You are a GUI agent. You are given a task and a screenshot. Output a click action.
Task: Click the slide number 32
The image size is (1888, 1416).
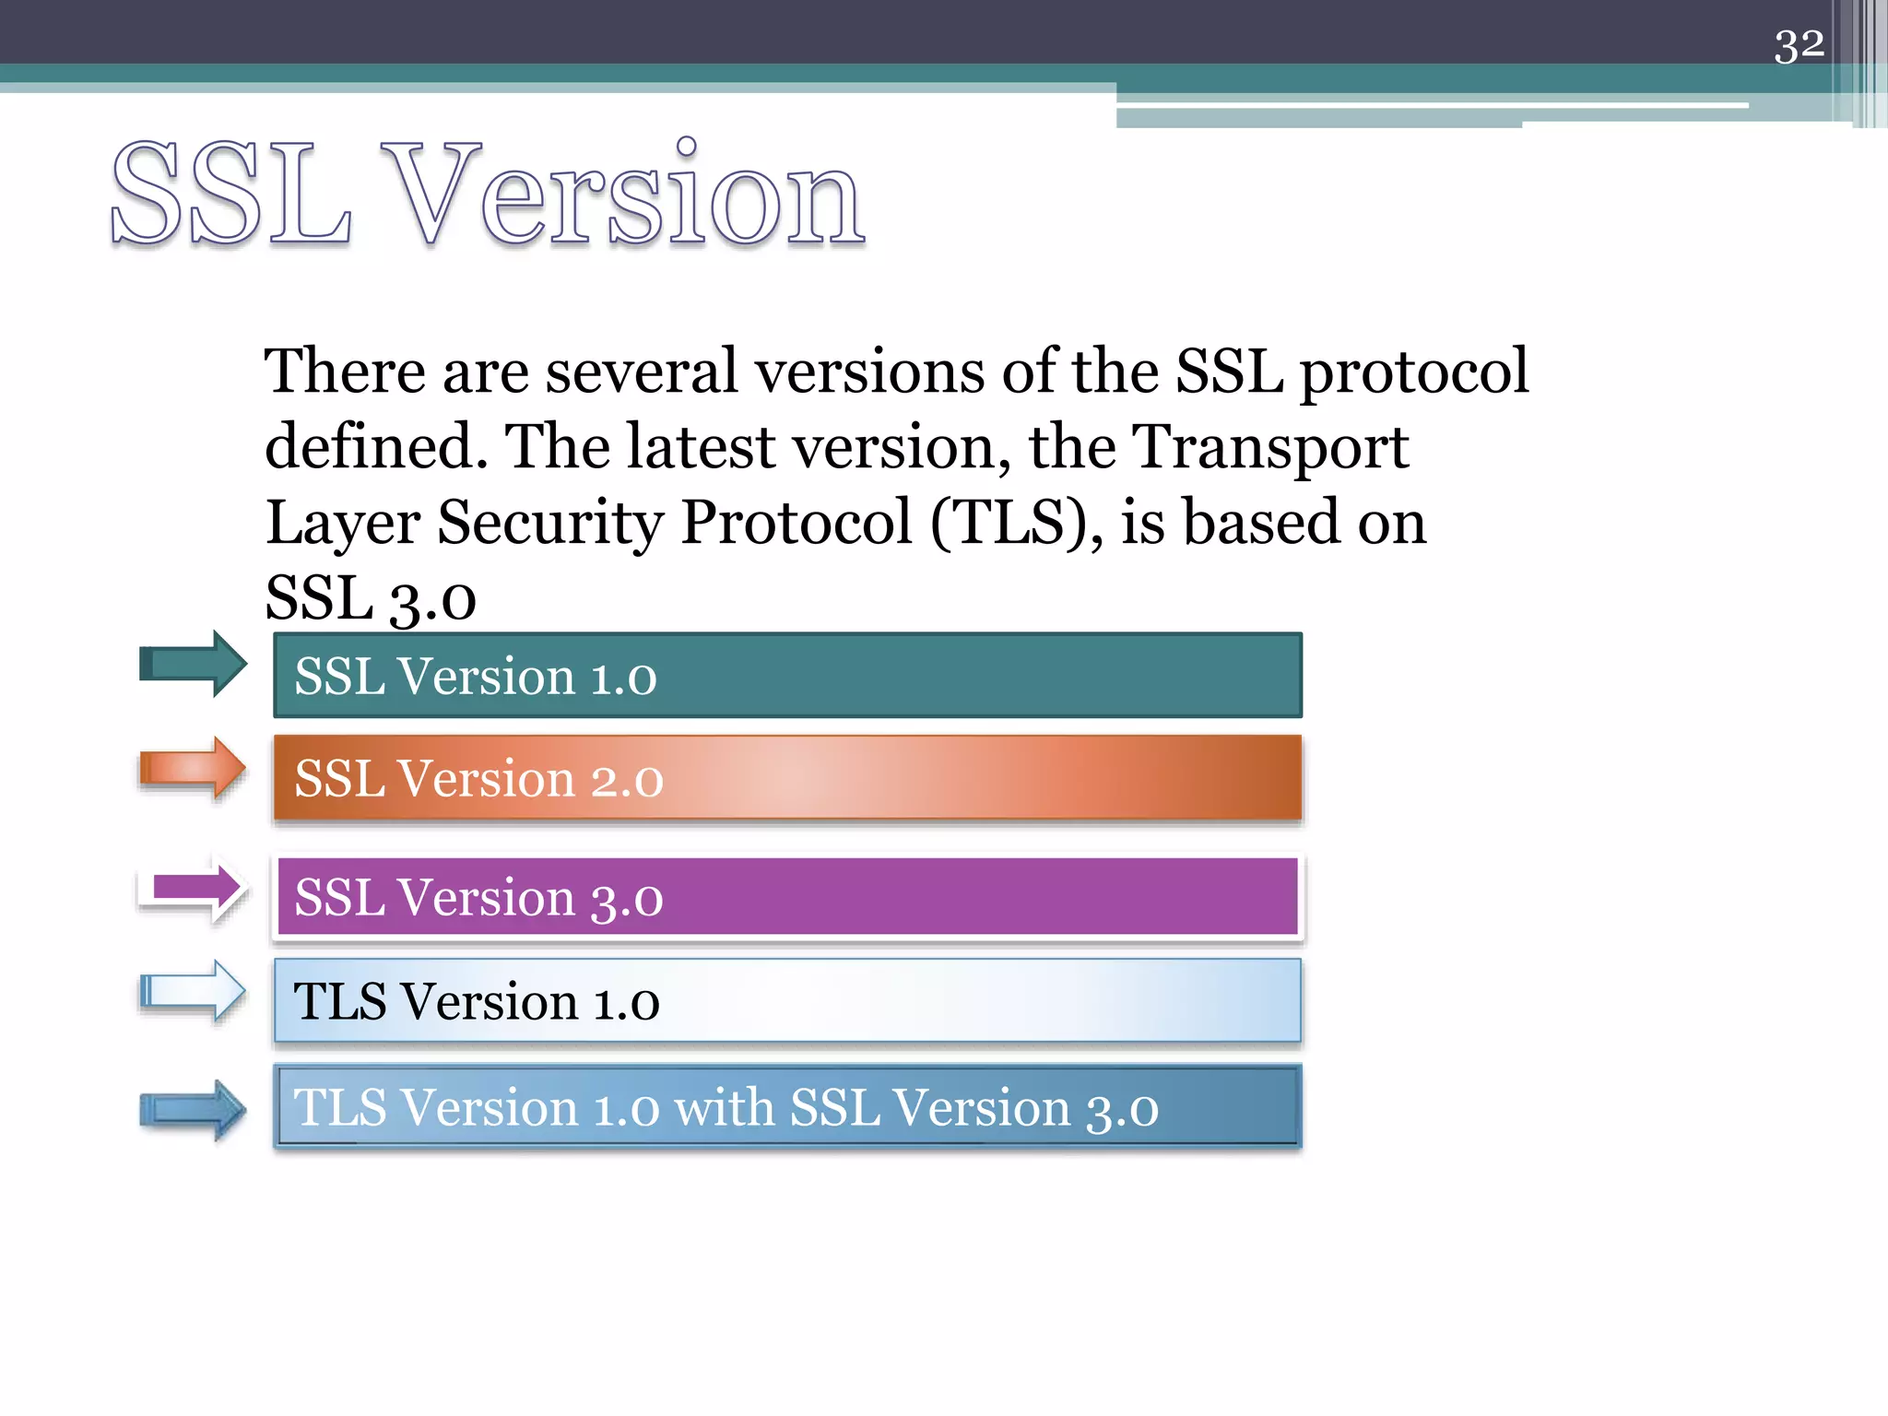pyautogui.click(x=1799, y=45)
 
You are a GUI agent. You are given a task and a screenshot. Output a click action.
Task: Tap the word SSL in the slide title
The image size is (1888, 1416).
pyautogui.click(x=230, y=195)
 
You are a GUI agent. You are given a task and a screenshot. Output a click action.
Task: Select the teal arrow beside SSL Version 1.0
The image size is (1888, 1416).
pyautogui.click(x=193, y=664)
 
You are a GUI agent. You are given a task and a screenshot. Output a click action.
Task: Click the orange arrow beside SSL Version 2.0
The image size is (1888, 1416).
pyautogui.click(x=193, y=768)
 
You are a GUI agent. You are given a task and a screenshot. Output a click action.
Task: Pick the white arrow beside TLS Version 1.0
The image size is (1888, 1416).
pyautogui.click(x=193, y=992)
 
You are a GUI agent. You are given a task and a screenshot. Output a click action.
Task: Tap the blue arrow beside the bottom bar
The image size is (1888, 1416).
pyautogui.click(x=193, y=1110)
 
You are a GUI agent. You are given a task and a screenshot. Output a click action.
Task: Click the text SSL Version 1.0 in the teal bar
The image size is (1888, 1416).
pyautogui.click(x=475, y=677)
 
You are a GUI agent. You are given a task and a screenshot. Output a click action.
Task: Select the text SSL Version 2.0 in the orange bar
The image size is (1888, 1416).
pyautogui.click(x=478, y=779)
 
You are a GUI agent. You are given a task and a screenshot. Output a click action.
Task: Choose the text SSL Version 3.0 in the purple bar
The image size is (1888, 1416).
pyautogui.click(x=478, y=897)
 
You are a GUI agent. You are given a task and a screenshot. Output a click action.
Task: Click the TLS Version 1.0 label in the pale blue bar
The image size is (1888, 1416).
pyautogui.click(x=476, y=1001)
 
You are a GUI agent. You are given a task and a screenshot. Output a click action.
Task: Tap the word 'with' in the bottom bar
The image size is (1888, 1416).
pyautogui.click(x=724, y=1107)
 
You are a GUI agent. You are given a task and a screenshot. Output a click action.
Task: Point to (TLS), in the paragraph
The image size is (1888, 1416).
pyautogui.click(x=1015, y=524)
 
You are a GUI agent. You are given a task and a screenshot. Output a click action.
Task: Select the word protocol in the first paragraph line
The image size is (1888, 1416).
pyautogui.click(x=1413, y=372)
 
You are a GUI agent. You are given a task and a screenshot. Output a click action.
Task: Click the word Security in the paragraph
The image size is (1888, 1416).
pyautogui.click(x=549, y=524)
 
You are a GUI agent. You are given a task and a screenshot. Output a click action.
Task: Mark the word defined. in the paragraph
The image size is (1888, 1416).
pyautogui.click(x=375, y=447)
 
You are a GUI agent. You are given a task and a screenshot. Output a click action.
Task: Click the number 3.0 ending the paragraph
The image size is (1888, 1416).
pyautogui.click(x=432, y=600)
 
